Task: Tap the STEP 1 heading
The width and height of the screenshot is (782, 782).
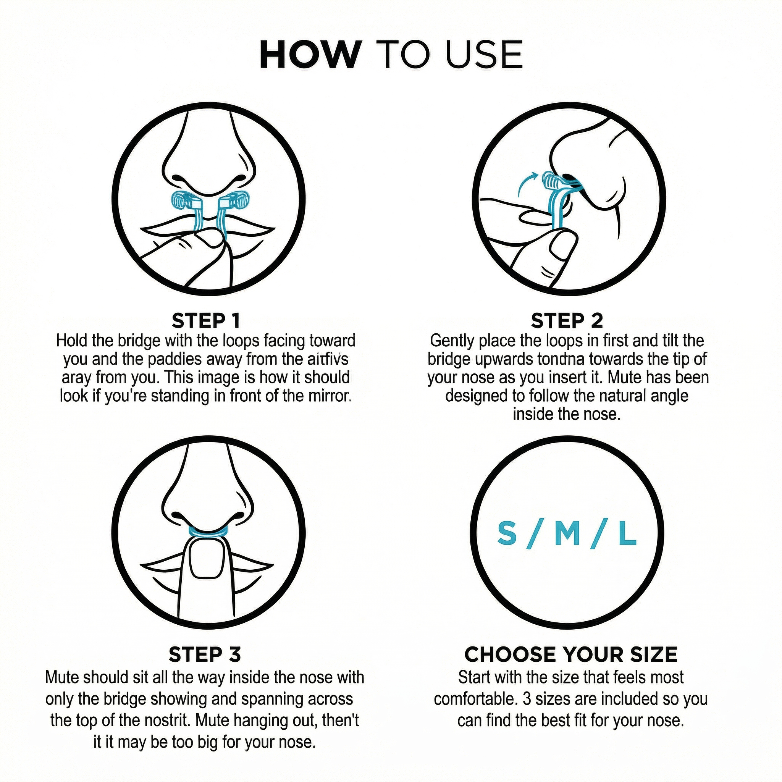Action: (206, 321)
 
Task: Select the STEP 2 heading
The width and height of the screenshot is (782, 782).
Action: (567, 321)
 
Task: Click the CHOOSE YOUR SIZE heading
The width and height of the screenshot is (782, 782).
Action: (571, 654)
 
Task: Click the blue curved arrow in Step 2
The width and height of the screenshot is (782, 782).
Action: (526, 184)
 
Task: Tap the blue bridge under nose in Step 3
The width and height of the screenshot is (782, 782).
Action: (209, 532)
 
